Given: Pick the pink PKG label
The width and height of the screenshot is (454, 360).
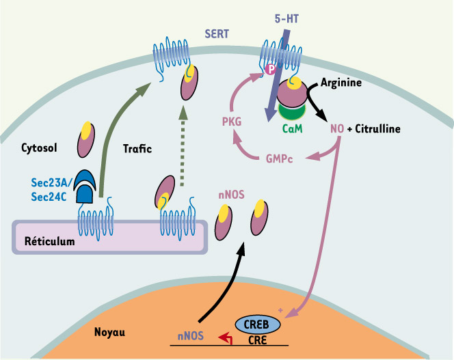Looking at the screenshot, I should [x=230, y=122].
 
